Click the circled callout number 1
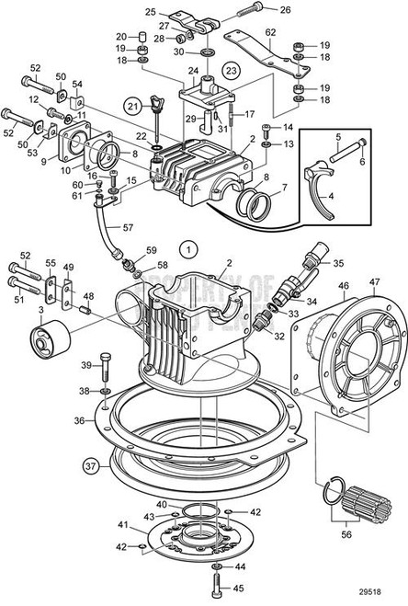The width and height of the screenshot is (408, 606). tap(187, 248)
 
